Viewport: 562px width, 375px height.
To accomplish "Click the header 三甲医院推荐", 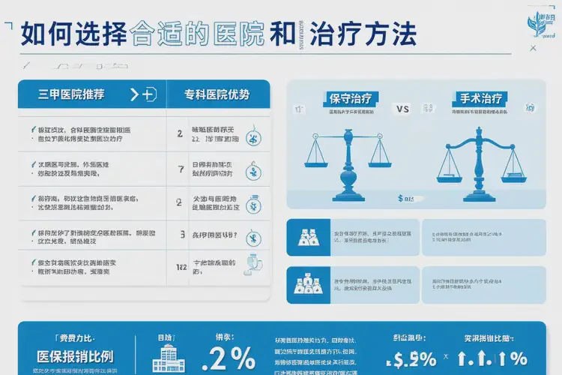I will [x=71, y=94].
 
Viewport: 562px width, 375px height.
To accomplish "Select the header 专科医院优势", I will [x=217, y=94].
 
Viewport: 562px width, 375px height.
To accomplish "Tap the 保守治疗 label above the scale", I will [x=350, y=97].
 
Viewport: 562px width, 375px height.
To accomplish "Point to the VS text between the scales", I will [x=402, y=109].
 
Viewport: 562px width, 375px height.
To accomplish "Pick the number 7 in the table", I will [x=180, y=168].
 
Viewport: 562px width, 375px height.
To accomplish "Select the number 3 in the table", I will [x=183, y=235].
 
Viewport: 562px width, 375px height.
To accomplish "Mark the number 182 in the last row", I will [x=181, y=267].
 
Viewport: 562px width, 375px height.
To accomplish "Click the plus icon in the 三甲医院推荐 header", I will [x=148, y=94].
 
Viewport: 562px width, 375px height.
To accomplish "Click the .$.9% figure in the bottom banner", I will [x=409, y=358].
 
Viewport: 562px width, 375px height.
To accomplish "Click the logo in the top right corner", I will [x=544, y=22].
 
